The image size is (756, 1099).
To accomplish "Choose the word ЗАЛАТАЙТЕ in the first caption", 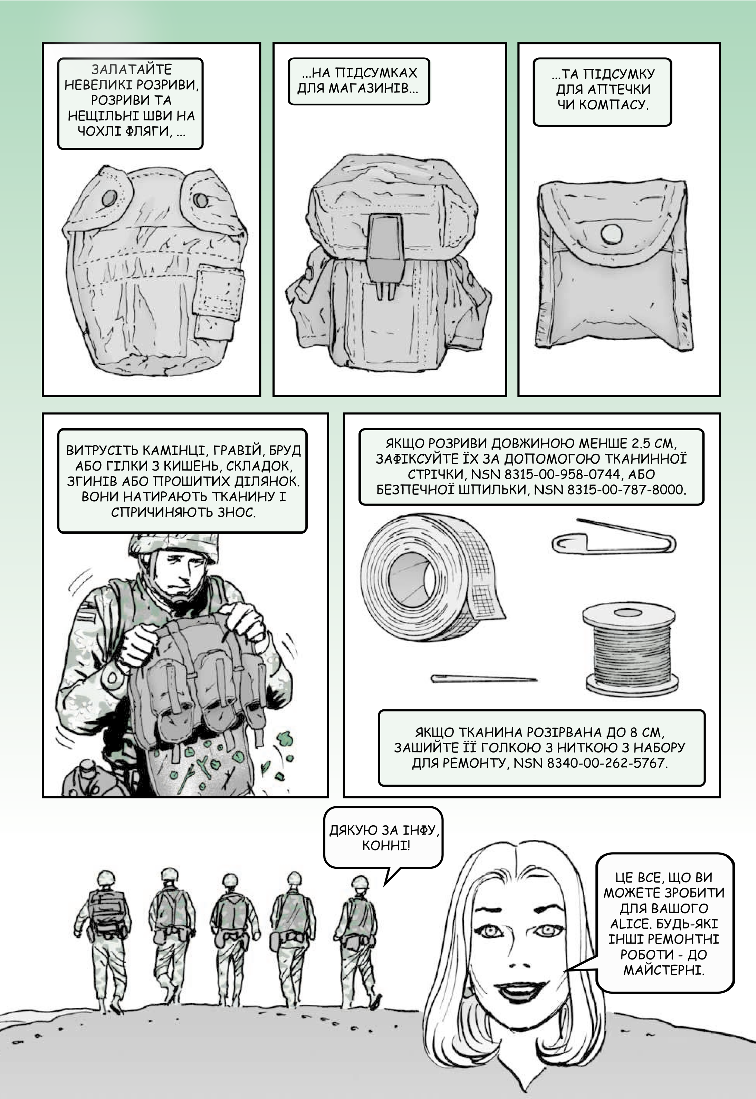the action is [x=132, y=70].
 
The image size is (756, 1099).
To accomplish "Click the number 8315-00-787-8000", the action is [x=610, y=490].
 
